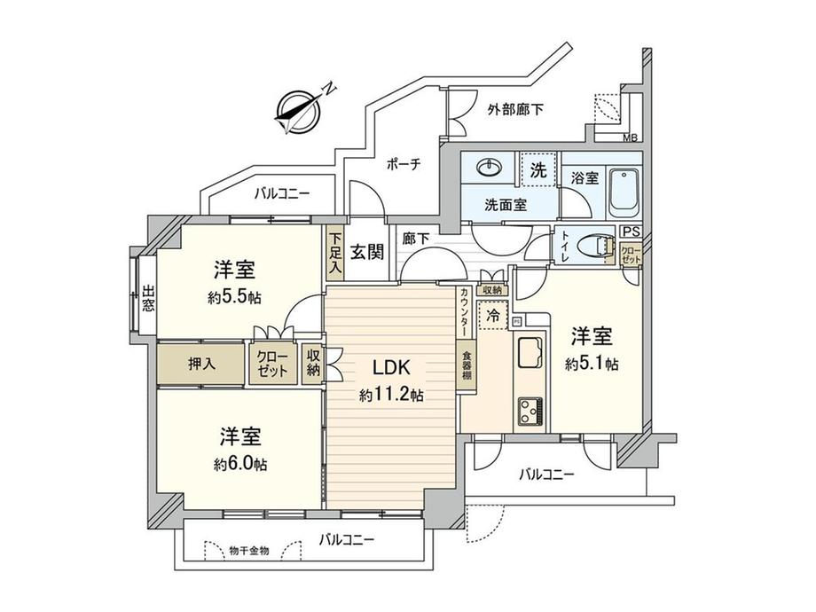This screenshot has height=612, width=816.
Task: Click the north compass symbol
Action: (299, 111)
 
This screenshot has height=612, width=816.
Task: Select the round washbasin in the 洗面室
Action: (490, 168)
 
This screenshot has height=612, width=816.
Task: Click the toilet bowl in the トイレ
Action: (596, 248)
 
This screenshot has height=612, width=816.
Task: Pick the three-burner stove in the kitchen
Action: (530, 412)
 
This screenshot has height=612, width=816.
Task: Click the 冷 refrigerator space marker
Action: (492, 315)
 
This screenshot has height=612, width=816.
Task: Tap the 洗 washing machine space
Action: (538, 169)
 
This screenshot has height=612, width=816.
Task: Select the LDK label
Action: (392, 368)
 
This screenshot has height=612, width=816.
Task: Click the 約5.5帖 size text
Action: (235, 298)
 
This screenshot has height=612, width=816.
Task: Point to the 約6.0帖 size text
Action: (239, 464)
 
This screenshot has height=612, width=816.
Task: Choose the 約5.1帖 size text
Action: (592, 364)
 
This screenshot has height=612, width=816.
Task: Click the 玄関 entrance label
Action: (367, 253)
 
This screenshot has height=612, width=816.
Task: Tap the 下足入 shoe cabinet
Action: (335, 254)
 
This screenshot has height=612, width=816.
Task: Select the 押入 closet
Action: (201, 364)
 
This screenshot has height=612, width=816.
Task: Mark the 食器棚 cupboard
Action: (467, 365)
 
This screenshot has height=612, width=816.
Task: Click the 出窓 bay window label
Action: (148, 298)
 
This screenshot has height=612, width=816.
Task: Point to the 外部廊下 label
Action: (515, 110)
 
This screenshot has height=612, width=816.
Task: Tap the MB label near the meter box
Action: (631, 137)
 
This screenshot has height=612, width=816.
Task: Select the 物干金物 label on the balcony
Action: (249, 551)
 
